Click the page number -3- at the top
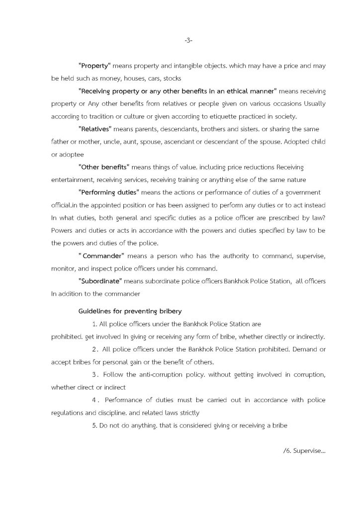click(188, 40)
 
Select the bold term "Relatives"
click(95, 129)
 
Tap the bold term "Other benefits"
click(103, 167)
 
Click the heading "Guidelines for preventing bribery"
click(130, 311)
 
